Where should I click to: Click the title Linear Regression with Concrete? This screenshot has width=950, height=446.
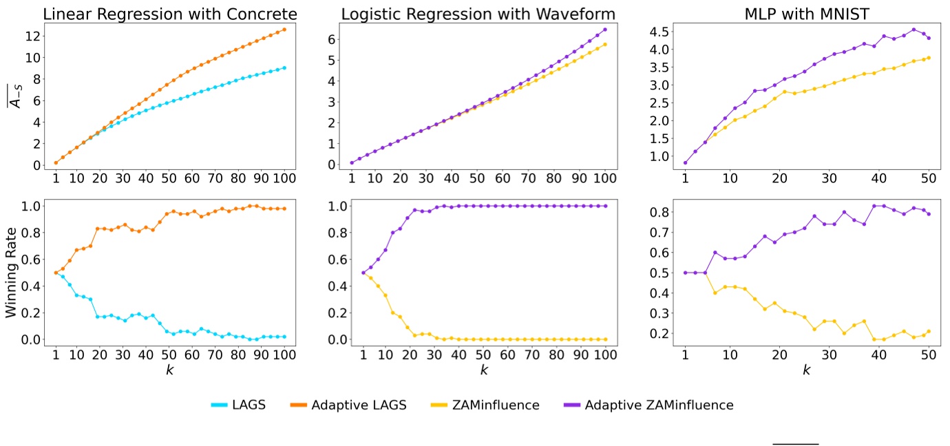170,13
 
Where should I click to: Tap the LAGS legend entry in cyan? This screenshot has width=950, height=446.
239,405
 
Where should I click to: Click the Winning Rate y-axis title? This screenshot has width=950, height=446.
12,273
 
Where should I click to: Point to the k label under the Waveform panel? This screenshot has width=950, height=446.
484,370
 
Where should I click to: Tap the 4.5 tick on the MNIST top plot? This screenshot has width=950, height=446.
659,32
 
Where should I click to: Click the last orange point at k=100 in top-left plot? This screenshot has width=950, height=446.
284,30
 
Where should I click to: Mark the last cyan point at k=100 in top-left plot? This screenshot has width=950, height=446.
284,67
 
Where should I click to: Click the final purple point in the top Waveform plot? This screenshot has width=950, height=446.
605,30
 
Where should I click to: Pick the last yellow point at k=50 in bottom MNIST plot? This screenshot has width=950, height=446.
929,331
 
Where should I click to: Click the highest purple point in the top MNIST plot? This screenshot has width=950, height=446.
914,30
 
